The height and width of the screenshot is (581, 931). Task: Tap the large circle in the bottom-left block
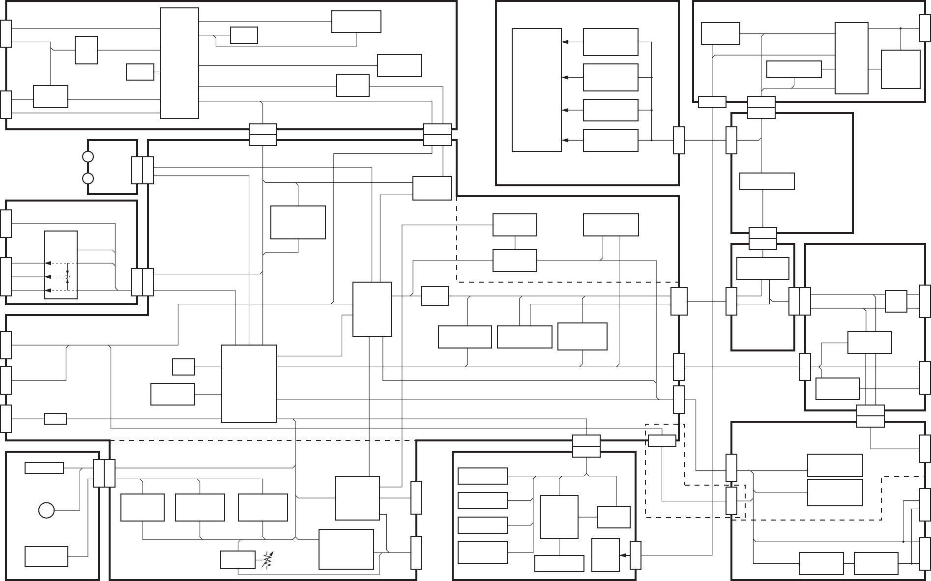pyautogui.click(x=47, y=510)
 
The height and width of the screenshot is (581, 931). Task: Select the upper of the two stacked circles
pyautogui.click(x=88, y=157)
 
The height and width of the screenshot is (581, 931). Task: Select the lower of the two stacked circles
pyautogui.click(x=88, y=178)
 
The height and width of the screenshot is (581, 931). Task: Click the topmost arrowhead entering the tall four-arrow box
pyautogui.click(x=565, y=42)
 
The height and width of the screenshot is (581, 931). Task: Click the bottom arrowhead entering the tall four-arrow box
pyautogui.click(x=565, y=140)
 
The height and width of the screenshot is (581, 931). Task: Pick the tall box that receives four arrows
pyautogui.click(x=536, y=90)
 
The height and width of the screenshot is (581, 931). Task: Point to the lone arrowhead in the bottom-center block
pyautogui.click(x=623, y=555)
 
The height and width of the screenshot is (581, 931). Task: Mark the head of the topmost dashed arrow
pyautogui.click(x=48, y=263)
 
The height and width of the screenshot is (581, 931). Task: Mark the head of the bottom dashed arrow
pyautogui.click(x=48, y=290)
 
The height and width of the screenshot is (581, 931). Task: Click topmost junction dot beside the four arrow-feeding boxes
pyautogui.click(x=651, y=78)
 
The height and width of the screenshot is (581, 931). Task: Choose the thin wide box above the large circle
pyautogui.click(x=44, y=468)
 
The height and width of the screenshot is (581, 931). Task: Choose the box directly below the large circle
pyautogui.click(x=47, y=556)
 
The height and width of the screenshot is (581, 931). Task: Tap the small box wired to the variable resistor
pyautogui.click(x=237, y=560)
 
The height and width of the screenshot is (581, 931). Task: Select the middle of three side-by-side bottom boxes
pyautogui.click(x=200, y=507)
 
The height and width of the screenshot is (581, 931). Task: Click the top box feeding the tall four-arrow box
pyautogui.click(x=611, y=42)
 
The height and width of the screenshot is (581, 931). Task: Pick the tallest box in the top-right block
pyautogui.click(x=851, y=58)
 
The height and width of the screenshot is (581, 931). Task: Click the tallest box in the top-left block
pyautogui.click(x=179, y=63)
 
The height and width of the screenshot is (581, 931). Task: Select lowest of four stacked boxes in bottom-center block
pyautogui.click(x=482, y=552)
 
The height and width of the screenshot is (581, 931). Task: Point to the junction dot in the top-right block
pyautogui.click(x=901, y=28)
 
